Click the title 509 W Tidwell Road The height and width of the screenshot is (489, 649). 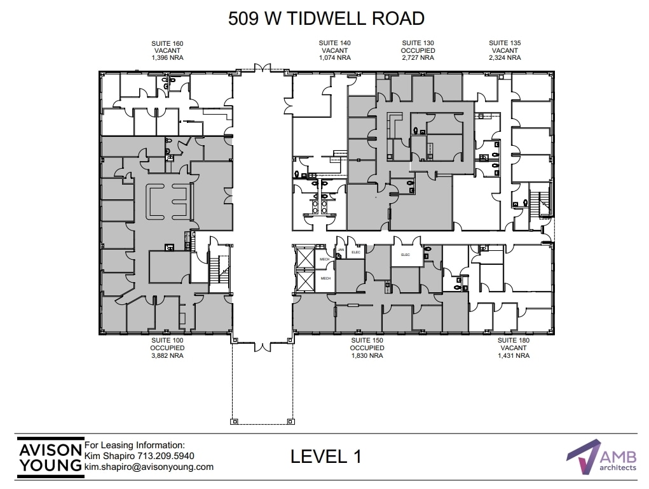pyautogui.click(x=326, y=18)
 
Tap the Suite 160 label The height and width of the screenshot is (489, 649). pyautogui.click(x=167, y=43)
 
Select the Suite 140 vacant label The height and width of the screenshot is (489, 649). pyautogui.click(x=334, y=50)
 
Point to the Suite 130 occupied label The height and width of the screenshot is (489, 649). pyautogui.click(x=418, y=50)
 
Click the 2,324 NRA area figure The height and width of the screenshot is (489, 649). pyautogui.click(x=505, y=57)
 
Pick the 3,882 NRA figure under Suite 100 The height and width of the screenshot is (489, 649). pyautogui.click(x=167, y=356)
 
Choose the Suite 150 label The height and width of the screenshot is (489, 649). pyautogui.click(x=367, y=341)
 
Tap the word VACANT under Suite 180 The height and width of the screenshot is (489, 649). pyautogui.click(x=513, y=348)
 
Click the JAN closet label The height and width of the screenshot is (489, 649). pyautogui.click(x=341, y=250)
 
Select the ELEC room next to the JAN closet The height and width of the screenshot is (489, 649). pyautogui.click(x=356, y=252)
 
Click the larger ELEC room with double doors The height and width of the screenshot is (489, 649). pyautogui.click(x=405, y=255)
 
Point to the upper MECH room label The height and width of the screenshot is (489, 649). pyautogui.click(x=325, y=259)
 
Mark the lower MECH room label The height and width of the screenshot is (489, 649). pyautogui.click(x=325, y=279)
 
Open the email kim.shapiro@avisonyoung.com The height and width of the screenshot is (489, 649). pyautogui.click(x=149, y=467)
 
